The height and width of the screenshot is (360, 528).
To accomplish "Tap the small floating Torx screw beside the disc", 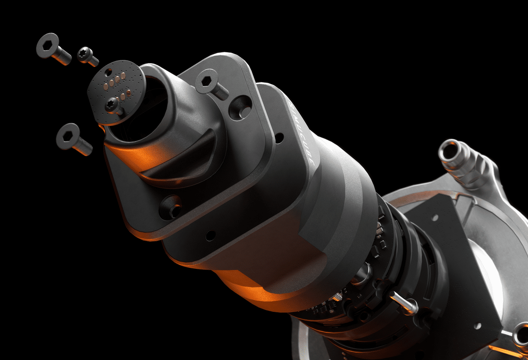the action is coord(88,56).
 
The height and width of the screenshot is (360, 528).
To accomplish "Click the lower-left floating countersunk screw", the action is coord(74,139).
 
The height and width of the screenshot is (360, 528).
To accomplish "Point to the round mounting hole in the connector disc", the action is coord(109,72).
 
